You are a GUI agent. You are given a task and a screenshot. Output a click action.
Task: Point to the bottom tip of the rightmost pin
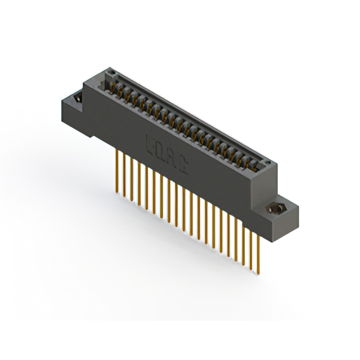click(259, 274)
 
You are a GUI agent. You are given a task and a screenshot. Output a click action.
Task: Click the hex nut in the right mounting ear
click(277, 209)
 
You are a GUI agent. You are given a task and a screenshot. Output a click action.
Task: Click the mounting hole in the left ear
click(77, 100)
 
